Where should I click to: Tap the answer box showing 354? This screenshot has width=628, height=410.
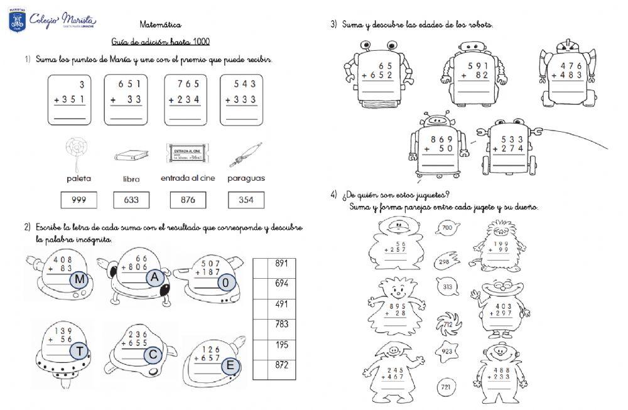point(246,200)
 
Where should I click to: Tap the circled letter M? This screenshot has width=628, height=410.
point(79,279)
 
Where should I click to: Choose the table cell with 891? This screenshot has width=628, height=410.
point(281,264)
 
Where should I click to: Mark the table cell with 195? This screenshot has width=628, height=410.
point(281,344)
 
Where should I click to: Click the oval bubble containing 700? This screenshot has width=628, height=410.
point(447,228)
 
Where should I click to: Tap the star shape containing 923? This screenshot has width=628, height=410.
point(447,352)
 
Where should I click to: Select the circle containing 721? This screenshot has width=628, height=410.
point(445,386)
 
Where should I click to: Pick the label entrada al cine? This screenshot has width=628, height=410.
point(188,178)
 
